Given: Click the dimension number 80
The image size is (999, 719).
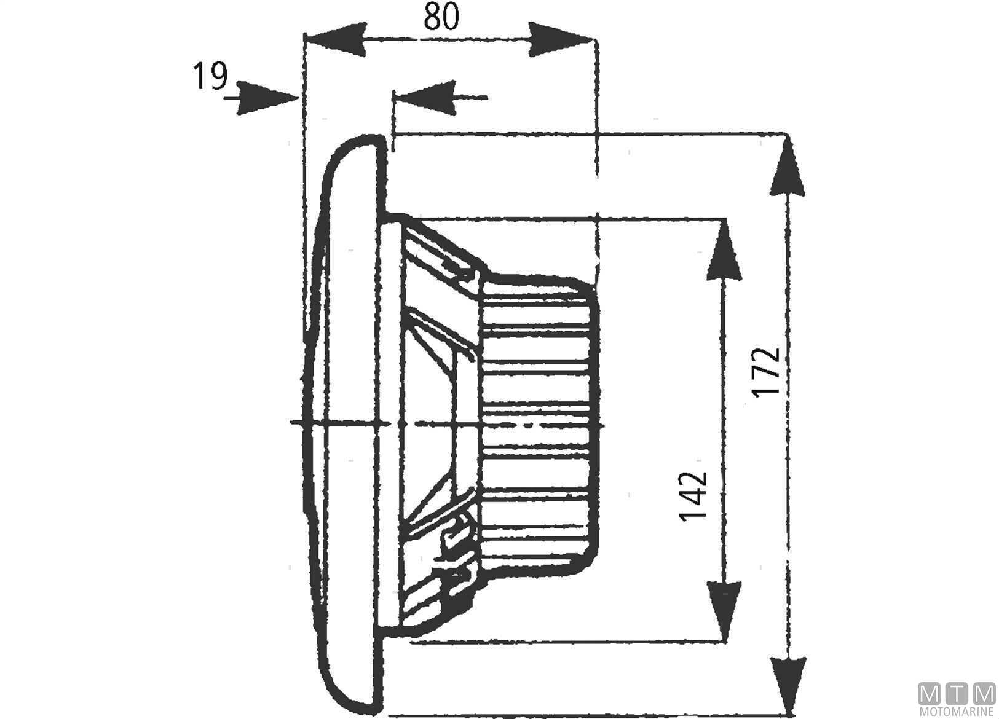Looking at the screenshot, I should pos(441,18).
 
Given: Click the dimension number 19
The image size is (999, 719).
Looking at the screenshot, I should pos(210,77).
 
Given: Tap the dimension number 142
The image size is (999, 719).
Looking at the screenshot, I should pos(694,496).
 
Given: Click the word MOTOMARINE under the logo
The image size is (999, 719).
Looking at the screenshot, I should pos(957,712).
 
